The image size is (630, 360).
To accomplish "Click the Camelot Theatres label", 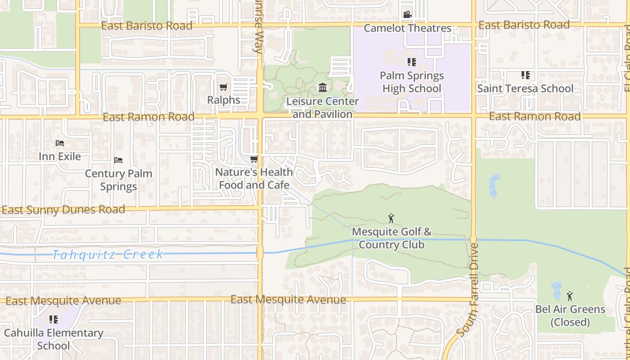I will click(x=407, y=28).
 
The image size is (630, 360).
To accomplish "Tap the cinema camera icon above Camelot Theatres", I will click(x=407, y=14).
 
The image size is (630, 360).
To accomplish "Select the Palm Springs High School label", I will click(x=412, y=82).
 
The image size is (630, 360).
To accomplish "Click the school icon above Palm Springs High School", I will click(x=411, y=62).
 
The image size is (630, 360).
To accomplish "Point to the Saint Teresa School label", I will click(x=525, y=88).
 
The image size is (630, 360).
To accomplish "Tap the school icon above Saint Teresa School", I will click(x=525, y=75).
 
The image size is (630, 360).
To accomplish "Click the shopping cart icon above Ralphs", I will click(x=224, y=87).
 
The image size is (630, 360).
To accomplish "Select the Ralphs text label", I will click(x=224, y=100).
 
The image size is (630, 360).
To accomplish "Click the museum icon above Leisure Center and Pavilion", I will click(x=323, y=87).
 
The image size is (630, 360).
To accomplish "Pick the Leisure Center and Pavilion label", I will click(x=323, y=108).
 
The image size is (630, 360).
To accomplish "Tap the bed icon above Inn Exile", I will click(x=60, y=143).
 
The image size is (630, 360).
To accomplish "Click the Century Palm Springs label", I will click(x=118, y=180).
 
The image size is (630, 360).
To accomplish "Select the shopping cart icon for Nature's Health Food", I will click(x=254, y=159).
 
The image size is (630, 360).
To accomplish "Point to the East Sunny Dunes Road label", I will click(x=63, y=210).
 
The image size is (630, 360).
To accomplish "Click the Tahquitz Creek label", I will click(x=108, y=255).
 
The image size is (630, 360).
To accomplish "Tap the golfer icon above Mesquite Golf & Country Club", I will click(x=391, y=219).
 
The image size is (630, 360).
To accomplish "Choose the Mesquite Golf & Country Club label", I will click(x=391, y=238).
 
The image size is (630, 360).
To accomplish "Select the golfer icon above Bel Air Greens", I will click(x=570, y=296).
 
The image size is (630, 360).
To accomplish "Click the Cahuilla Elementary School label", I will click(x=54, y=339).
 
